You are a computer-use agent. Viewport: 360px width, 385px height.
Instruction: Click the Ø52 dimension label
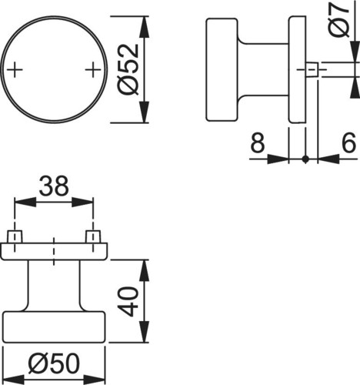pyautogui.click(x=128, y=70)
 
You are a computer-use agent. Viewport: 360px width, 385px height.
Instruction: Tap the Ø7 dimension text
pyautogui.click(x=339, y=18)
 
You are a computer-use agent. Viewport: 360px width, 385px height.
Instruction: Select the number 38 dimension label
pyautogui.click(x=54, y=186)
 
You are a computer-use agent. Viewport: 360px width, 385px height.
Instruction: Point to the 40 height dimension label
pyautogui.click(x=129, y=301)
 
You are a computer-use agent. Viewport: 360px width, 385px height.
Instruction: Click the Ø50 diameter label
pyautogui.click(x=54, y=363)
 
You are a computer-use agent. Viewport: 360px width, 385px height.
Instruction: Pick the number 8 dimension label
pyautogui.click(x=257, y=142)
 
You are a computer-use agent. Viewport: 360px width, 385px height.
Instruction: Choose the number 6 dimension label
pyautogui.click(x=349, y=142)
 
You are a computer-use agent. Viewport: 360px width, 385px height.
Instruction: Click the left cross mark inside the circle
pyautogui.click(x=15, y=69)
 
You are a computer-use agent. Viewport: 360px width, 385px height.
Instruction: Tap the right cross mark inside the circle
pyautogui.click(x=93, y=69)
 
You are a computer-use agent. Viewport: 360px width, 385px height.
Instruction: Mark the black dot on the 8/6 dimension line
pyautogui.click(x=305, y=159)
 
